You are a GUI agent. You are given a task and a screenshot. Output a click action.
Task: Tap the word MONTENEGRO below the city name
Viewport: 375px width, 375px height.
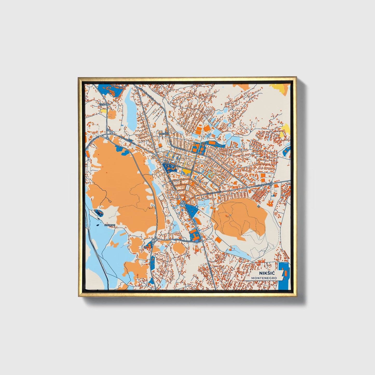[264, 278]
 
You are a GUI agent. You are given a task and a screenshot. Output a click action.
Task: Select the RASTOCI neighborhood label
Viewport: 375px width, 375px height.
[164, 134]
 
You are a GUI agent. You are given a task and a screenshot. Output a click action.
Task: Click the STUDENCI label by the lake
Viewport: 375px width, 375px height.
[110, 225]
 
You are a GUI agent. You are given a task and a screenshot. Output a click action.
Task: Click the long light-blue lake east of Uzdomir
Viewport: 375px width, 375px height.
[130, 107]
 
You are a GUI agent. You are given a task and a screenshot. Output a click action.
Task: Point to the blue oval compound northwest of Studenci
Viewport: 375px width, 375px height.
[99, 213]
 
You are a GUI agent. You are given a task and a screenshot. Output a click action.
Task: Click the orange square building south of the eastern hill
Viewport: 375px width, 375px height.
[219, 240]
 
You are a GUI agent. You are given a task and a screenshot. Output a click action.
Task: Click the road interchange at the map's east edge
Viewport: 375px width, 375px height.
[271, 184]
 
